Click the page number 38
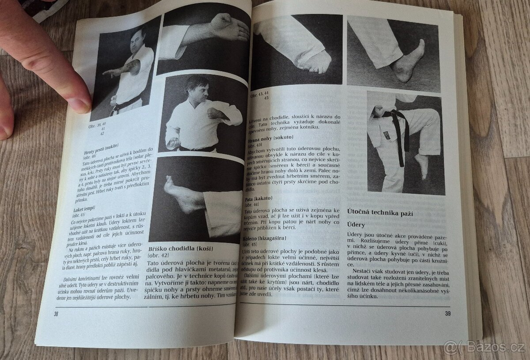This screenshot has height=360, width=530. tap(56, 314)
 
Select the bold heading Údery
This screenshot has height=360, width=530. tap(356, 225)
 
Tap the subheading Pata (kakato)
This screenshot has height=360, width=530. tap(258, 199)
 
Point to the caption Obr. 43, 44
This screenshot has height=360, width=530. tap(260, 94)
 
